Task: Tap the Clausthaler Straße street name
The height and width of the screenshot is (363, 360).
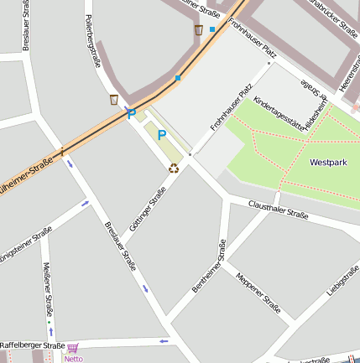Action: pyautogui.click(x=279, y=210)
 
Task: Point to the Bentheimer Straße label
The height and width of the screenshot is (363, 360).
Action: pyautogui.click(x=209, y=266)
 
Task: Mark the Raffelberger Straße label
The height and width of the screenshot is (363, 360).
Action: pyautogui.click(x=32, y=345)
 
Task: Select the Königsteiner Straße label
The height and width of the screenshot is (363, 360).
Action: pyautogui.click(x=24, y=247)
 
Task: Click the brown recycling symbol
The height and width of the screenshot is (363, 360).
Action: pyautogui.click(x=174, y=168)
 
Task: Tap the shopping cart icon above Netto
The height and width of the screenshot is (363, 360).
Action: pyautogui.click(x=73, y=348)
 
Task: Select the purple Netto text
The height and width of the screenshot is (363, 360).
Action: pyautogui.click(x=73, y=359)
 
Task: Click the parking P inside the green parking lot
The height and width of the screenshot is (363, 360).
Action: pyautogui.click(x=162, y=134)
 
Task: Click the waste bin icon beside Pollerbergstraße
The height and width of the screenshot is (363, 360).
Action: pyautogui.click(x=113, y=100)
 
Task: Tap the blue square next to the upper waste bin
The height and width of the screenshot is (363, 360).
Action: pyautogui.click(x=212, y=29)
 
